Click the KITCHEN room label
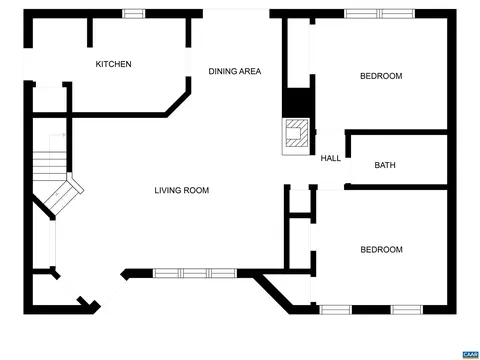point(113,64)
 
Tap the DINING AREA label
point(235,71)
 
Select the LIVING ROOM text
point(182,190)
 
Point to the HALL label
point(331,158)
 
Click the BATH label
point(385,165)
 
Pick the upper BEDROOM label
point(381,76)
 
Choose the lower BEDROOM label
point(381,250)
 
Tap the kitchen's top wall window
point(134,14)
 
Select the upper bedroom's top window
point(379,14)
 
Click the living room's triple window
point(195,273)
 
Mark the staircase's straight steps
point(50,166)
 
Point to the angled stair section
point(64,194)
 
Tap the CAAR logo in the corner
point(470,354)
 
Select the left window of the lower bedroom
point(335,310)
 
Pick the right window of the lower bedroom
point(407,310)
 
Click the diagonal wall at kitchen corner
point(178,104)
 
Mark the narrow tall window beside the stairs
point(53,243)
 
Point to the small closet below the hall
point(300,201)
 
